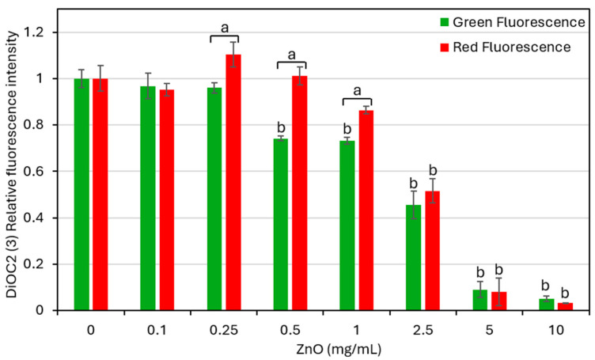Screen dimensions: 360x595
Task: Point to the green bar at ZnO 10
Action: coord(546,305)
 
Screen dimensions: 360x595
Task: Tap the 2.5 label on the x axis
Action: coord(422,324)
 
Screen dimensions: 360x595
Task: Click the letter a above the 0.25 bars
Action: coord(224,28)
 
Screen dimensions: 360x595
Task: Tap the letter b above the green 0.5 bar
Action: coord(280,127)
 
